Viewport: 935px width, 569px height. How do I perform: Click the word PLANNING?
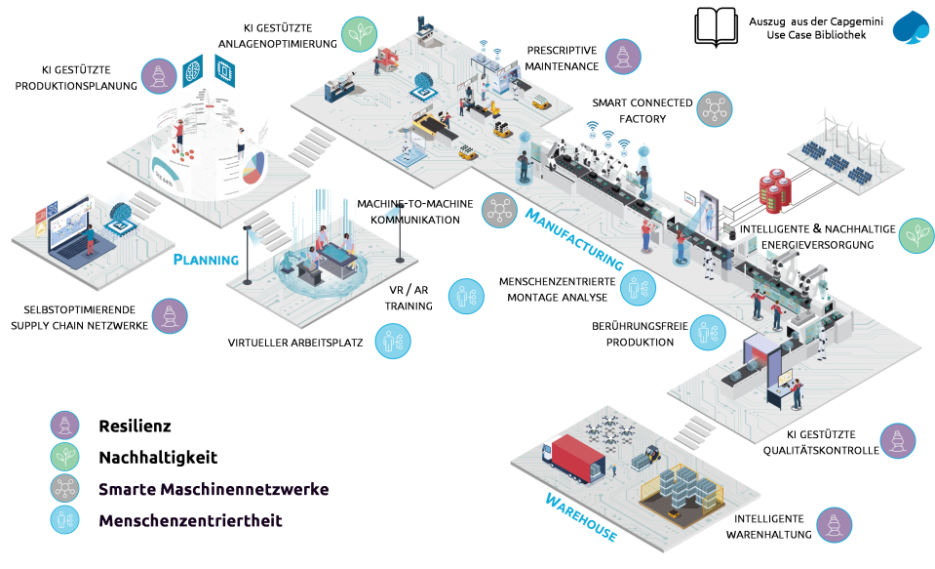tap(206, 260)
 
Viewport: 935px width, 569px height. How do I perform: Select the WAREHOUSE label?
tap(580, 517)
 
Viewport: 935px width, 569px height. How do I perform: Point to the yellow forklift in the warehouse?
tap(646, 454)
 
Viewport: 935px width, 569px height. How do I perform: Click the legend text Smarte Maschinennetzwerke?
tap(214, 489)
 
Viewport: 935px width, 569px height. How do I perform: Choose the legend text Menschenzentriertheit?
tap(190, 521)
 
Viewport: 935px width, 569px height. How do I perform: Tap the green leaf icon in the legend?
tap(65, 457)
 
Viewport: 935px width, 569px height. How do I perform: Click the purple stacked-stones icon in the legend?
tap(65, 425)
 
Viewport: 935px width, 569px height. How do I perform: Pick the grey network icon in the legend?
tap(65, 489)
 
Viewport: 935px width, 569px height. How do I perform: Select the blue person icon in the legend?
tap(65, 521)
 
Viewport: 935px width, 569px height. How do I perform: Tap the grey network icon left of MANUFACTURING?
tap(499, 210)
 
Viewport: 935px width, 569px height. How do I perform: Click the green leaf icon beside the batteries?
tap(916, 235)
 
